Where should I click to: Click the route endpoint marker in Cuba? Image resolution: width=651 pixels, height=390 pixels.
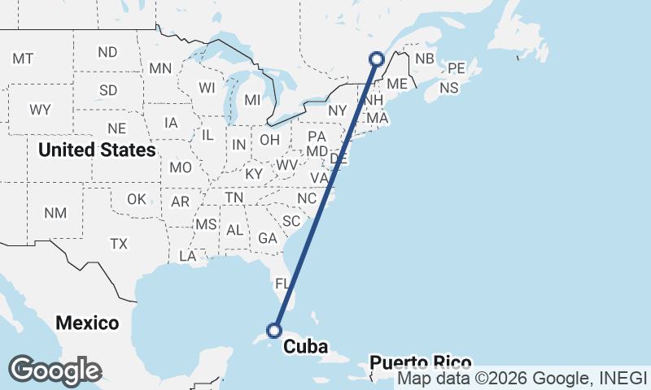pyautogui.click(x=274, y=330)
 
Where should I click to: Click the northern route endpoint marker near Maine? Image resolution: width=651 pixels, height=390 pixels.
pyautogui.click(x=376, y=58)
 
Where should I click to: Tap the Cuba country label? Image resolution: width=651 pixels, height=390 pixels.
pyautogui.click(x=305, y=348)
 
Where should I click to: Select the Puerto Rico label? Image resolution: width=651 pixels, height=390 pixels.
pyautogui.click(x=419, y=362)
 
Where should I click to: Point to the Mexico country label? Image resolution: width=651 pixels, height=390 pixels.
pyautogui.click(x=87, y=323)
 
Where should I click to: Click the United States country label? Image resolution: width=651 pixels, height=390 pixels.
pyautogui.click(x=97, y=149)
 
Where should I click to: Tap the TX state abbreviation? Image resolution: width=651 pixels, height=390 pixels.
pyautogui.click(x=119, y=243)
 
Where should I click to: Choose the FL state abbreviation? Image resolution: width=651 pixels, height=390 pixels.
pyautogui.click(x=282, y=284)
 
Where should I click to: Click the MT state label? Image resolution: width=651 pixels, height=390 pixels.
pyautogui.click(x=23, y=58)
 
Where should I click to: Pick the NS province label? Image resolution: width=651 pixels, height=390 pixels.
pyautogui.click(x=448, y=88)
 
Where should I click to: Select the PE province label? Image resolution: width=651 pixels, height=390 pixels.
pyautogui.click(x=456, y=68)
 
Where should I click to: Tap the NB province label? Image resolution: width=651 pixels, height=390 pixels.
pyautogui.click(x=424, y=58)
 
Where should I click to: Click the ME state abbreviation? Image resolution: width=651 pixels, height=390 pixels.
pyautogui.click(x=397, y=84)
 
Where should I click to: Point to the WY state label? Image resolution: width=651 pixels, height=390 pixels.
pyautogui.click(x=40, y=110)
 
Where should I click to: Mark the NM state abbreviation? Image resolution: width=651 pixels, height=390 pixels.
pyautogui.click(x=55, y=213)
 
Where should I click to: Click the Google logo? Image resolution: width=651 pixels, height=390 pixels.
pyautogui.click(x=55, y=370)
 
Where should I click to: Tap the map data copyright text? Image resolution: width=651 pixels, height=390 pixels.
pyautogui.click(x=522, y=378)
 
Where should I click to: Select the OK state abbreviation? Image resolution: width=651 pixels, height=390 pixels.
pyautogui.click(x=137, y=199)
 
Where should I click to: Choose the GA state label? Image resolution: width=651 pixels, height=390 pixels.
pyautogui.click(x=268, y=238)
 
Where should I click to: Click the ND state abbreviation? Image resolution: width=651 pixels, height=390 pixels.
pyautogui.click(x=107, y=52)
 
